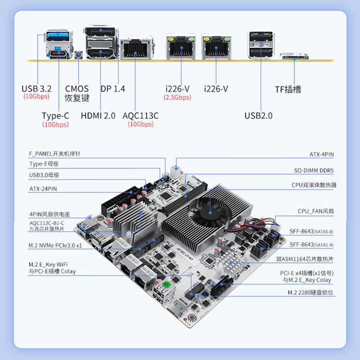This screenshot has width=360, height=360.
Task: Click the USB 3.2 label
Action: coord(36,89)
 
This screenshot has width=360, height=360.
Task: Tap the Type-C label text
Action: coord(55,116)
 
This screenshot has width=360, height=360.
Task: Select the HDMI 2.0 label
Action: coord(98,116)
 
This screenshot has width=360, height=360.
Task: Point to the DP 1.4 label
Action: coord(113,89)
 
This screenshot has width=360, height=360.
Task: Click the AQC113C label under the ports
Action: coord(140,116)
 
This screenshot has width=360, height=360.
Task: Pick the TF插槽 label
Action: coord(288,89)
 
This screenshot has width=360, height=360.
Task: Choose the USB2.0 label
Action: coord(258,116)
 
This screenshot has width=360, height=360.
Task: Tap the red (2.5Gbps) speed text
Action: coord(177,97)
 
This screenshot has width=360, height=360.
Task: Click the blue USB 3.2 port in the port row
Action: coord(57,36)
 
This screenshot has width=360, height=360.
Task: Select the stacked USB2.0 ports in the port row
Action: coord(261,45)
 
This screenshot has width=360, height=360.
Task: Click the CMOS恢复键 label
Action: coord(77,93)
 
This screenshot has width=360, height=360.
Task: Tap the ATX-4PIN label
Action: coord(321,154)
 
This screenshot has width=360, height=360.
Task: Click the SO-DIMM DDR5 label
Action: coord(313,170)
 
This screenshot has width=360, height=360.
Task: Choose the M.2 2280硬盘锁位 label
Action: coord(310,292)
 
